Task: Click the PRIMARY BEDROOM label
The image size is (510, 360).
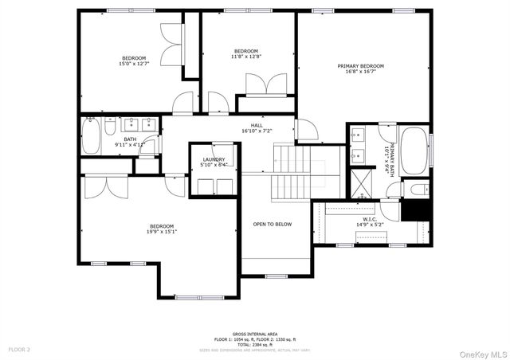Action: [x=360, y=66]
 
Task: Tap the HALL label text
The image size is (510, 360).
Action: [x=257, y=125]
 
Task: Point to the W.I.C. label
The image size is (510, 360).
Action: [x=370, y=220]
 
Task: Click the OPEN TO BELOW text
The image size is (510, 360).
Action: [x=273, y=224]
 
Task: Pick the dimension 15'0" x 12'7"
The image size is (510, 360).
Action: [x=134, y=65]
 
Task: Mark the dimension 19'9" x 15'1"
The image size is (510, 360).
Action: [x=161, y=233]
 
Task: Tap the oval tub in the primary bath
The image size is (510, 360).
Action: [x=413, y=152]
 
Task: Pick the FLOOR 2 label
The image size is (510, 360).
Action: [x=19, y=350]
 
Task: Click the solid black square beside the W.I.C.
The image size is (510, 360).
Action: [x=417, y=210]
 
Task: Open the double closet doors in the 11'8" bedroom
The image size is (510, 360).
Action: [x=265, y=85]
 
